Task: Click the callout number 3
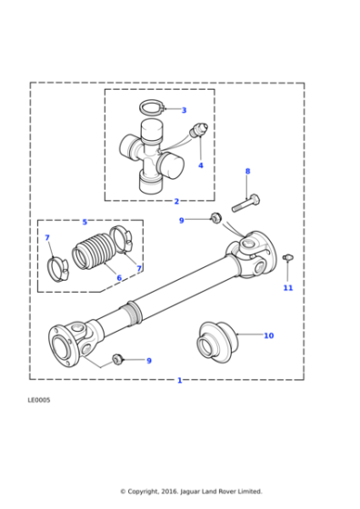tap(184, 110)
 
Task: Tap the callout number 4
tap(201, 165)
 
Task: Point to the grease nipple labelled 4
tap(201, 130)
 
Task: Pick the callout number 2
tap(176, 201)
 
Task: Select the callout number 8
tap(247, 171)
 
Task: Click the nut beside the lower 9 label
tap(118, 358)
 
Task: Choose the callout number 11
tap(287, 287)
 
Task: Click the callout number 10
tap(268, 335)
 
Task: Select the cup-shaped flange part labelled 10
tap(216, 341)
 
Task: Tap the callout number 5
tap(85, 222)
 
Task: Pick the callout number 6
tap(118, 278)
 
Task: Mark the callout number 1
tap(179, 380)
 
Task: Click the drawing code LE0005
tap(40, 399)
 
